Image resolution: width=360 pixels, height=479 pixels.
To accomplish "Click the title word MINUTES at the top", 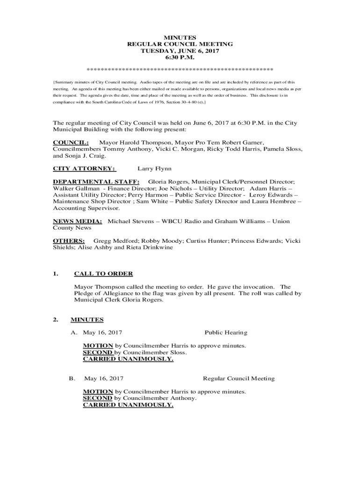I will tap(180, 37).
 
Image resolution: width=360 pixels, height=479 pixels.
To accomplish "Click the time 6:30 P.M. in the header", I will tap(180, 57).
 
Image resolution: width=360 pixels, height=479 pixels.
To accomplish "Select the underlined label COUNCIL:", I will tap(71, 142).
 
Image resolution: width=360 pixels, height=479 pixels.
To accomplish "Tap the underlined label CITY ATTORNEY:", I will tap(84, 168).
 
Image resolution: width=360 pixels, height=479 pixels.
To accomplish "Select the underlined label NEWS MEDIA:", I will tap(78, 221).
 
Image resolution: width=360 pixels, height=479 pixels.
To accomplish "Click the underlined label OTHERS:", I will tap(69, 241).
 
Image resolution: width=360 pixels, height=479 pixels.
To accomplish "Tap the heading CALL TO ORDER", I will tap(103, 274).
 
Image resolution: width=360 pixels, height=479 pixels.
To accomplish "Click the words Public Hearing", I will tap(226, 333).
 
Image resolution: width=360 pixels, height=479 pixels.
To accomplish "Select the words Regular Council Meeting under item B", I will tap(238, 378).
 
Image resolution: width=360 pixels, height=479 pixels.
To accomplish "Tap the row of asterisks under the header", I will tap(180, 70).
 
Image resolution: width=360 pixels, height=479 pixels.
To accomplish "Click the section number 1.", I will tap(56, 274).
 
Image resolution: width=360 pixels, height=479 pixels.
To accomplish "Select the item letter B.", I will tap(72, 378).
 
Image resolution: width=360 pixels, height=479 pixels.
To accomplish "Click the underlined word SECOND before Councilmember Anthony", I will tap(98, 398).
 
